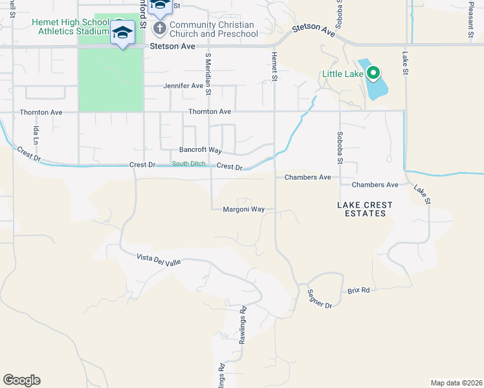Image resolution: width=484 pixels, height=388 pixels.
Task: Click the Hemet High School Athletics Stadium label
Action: click(x=70, y=27)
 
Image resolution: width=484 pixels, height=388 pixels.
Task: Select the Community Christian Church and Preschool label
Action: click(x=212, y=29)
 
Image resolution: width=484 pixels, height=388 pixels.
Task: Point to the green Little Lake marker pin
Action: click(x=373, y=74)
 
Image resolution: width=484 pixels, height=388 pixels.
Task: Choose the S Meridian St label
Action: click(x=208, y=74)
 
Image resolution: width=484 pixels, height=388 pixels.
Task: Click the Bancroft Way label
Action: click(x=201, y=150)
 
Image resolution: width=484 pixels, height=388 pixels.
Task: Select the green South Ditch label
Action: click(x=188, y=164)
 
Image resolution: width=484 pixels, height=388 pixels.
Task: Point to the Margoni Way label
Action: click(x=244, y=209)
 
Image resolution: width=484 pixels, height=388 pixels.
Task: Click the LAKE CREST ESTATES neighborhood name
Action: click(x=365, y=209)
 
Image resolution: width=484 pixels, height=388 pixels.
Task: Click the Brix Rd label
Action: click(x=358, y=290)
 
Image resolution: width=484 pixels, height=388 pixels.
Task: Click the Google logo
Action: click(x=21, y=380)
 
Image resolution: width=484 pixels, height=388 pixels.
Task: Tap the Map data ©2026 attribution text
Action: click(x=457, y=382)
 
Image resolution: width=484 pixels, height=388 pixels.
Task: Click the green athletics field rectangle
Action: click(x=111, y=78)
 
